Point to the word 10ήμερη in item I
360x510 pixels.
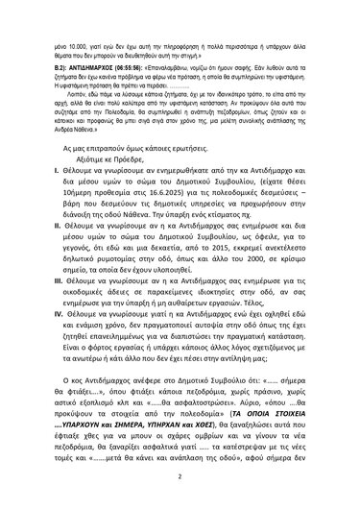(x=83, y=191)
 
